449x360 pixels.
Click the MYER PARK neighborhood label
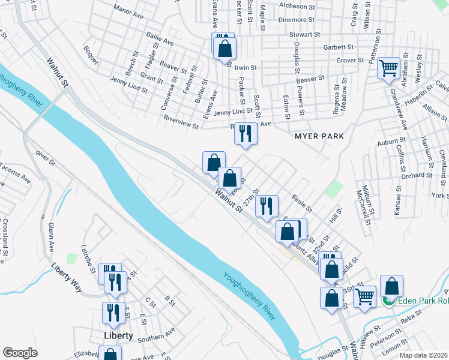(319, 136)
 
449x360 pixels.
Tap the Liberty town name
(117, 335)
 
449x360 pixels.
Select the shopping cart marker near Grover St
(388, 69)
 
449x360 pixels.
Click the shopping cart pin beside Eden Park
(364, 297)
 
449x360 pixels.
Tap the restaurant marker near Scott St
(246, 134)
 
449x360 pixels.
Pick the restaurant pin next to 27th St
(267, 206)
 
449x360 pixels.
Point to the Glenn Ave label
(52, 236)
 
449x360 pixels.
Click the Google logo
(20, 352)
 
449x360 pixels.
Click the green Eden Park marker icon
(389, 301)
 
